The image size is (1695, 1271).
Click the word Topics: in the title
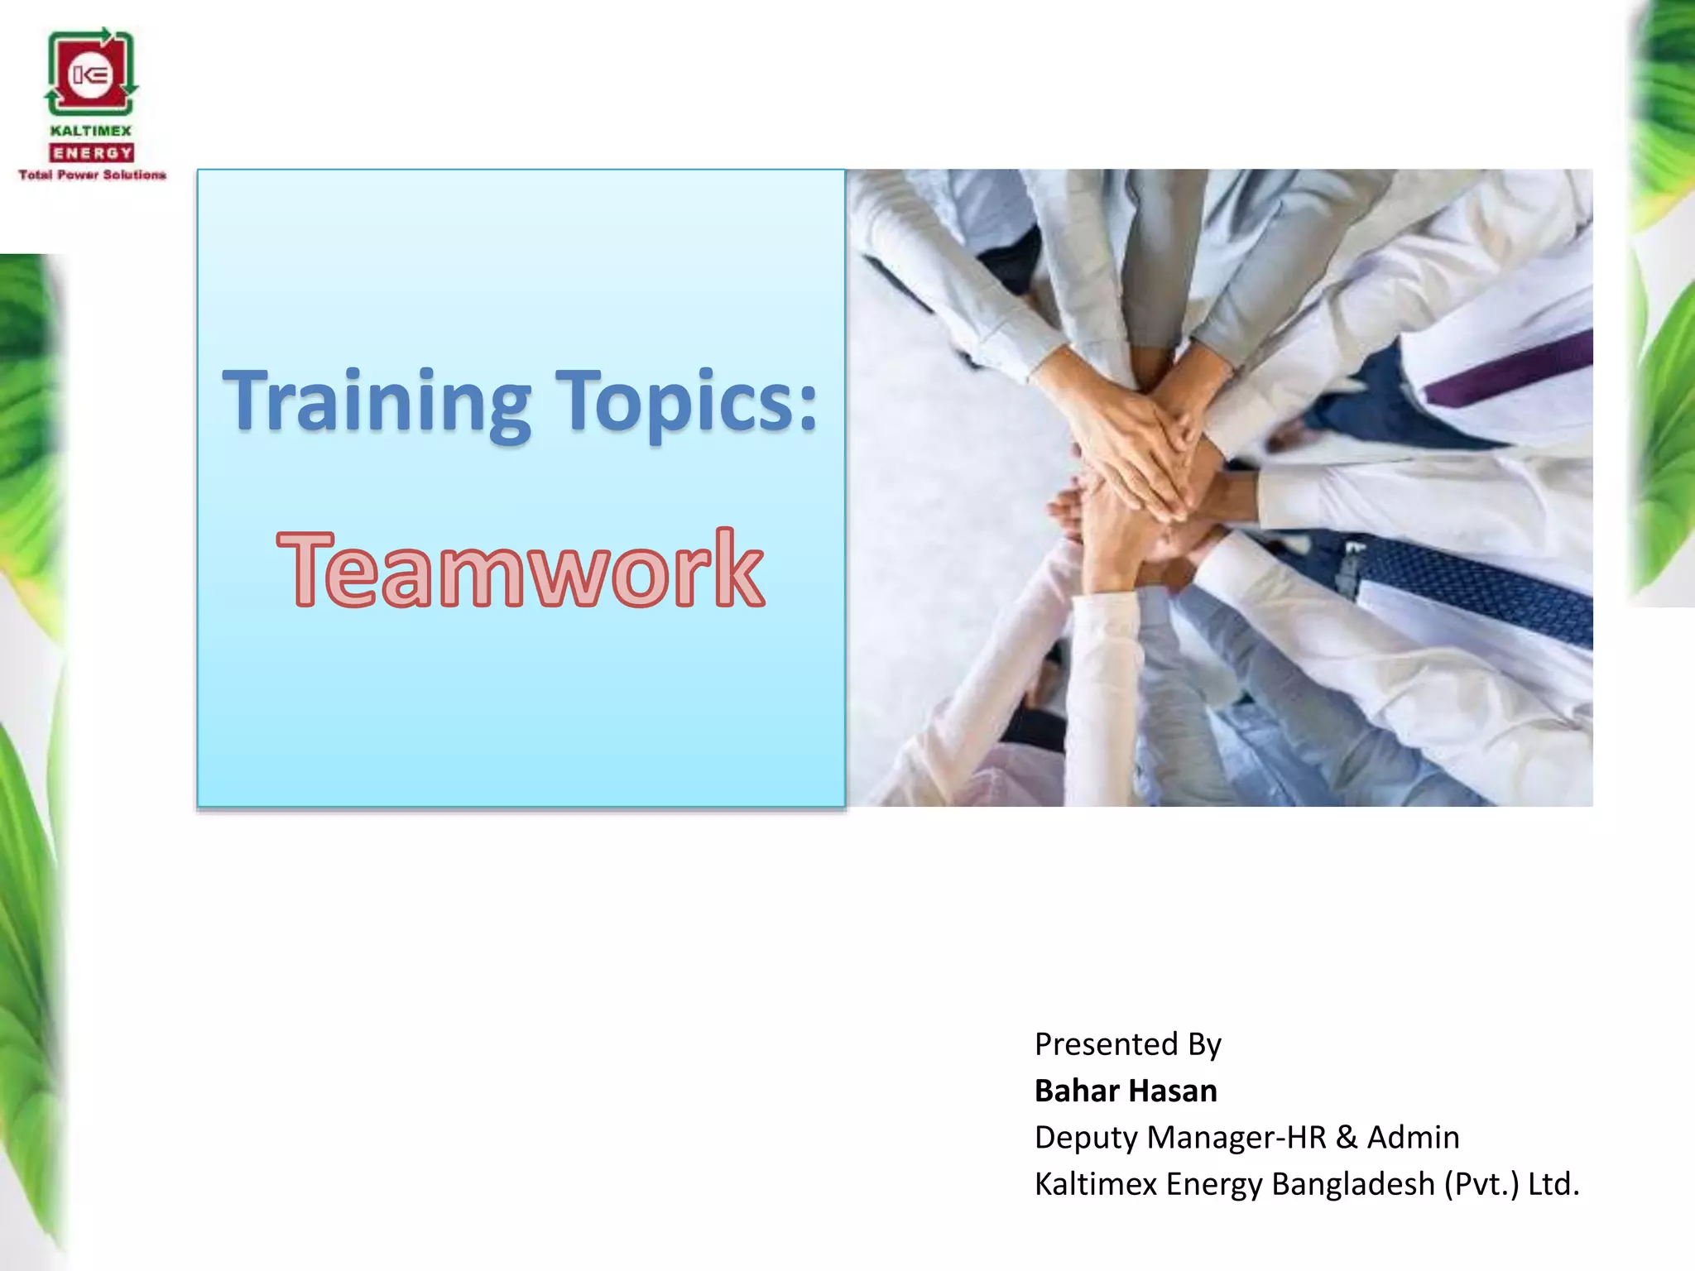coord(686,401)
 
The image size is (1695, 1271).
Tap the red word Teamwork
coord(521,570)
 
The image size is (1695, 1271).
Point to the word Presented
coord(1106,1044)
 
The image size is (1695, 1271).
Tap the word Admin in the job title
coord(1413,1137)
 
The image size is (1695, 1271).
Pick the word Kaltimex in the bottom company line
coord(1095,1184)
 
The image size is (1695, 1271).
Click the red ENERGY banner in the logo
coord(92,153)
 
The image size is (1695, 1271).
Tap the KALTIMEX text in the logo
coord(91,131)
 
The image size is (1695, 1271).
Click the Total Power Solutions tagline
coord(92,175)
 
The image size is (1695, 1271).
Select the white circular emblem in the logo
coord(90,76)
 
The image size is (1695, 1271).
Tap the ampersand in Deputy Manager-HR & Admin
coord(1347,1137)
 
